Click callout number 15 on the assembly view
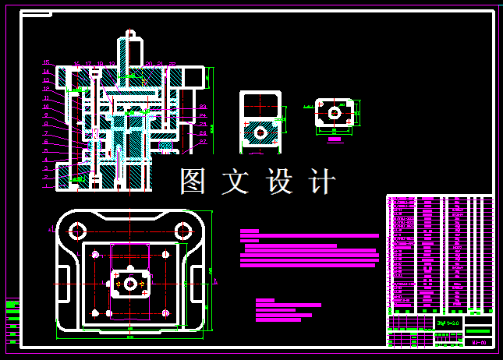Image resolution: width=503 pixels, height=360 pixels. point(46,62)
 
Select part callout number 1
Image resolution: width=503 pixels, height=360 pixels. point(46,186)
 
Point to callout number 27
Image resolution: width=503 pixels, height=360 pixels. point(203,142)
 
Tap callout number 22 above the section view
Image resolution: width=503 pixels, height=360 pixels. point(172,63)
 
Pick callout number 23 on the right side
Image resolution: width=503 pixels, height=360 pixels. point(203,107)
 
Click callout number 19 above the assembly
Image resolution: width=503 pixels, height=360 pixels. point(112,63)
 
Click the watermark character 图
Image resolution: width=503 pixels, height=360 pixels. point(194,181)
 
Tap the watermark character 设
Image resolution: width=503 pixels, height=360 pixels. point(280,181)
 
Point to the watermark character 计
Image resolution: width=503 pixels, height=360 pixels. point(323,181)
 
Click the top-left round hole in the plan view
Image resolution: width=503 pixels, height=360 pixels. point(77,231)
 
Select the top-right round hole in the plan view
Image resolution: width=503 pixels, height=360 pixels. point(183,231)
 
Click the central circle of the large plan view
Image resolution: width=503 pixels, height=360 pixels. point(130,284)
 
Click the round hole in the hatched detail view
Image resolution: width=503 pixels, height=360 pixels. point(260,133)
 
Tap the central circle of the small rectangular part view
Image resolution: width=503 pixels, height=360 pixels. point(334,113)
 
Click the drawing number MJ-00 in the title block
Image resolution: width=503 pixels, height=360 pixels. point(480,342)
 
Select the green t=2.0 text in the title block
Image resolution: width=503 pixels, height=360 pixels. point(448,323)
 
